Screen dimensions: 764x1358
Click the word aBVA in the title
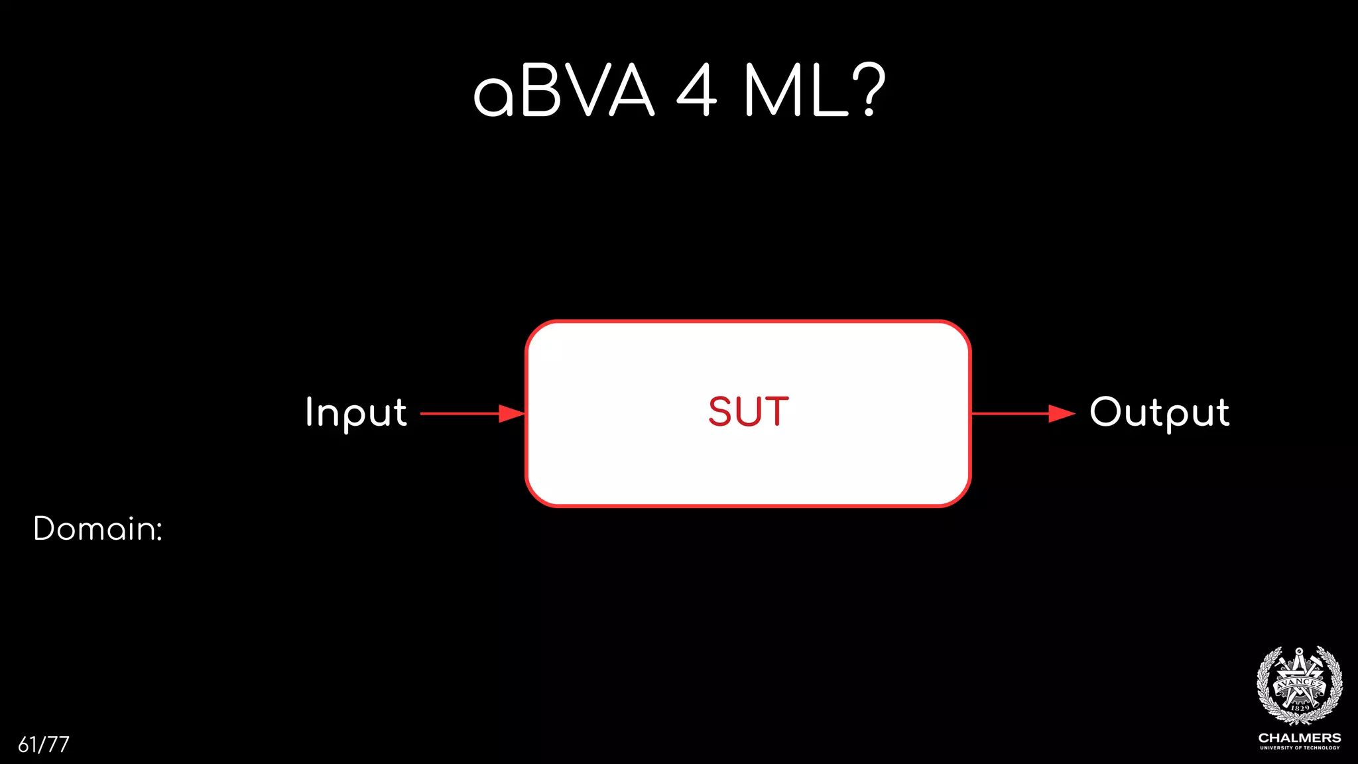point(564,91)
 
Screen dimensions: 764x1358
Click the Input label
point(356,413)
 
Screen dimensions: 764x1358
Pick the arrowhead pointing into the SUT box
point(512,413)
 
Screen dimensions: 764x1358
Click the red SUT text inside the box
point(749,412)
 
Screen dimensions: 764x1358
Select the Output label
point(1160,413)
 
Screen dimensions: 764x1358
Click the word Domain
point(93,529)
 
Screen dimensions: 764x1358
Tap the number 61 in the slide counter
point(27,745)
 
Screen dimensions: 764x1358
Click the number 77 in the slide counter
point(58,745)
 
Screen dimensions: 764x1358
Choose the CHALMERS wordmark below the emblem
point(1300,738)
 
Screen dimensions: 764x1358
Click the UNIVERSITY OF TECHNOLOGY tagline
point(1300,748)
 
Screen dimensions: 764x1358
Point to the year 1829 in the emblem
point(1300,708)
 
